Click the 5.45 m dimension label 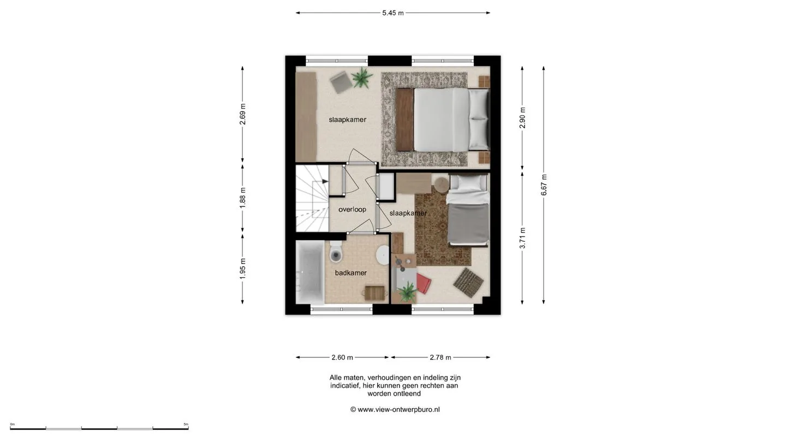point(393,13)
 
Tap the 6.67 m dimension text point(544,185)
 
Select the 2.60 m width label point(342,357)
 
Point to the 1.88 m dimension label point(242,198)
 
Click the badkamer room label point(351,273)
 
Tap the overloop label point(352,210)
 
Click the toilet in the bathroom point(336,252)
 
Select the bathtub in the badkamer point(310,272)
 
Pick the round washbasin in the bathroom point(383,254)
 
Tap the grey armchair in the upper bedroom point(341,82)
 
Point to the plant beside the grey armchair point(362,77)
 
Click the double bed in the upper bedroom point(443,120)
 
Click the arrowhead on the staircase point(325,181)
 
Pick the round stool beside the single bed point(442,184)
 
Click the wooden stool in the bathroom point(375,293)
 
